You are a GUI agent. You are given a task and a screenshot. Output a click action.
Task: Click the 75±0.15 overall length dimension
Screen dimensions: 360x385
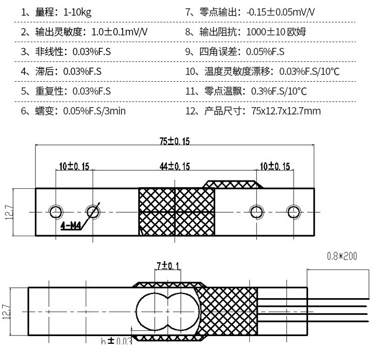pyautogui.click(x=175, y=140)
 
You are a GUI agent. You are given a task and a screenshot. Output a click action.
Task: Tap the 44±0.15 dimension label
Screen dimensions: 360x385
pyautogui.click(x=175, y=166)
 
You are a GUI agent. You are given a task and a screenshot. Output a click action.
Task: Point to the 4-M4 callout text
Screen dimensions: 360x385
pyautogui.click(x=71, y=225)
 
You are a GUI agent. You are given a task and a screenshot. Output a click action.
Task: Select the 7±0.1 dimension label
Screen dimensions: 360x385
pyautogui.click(x=168, y=266)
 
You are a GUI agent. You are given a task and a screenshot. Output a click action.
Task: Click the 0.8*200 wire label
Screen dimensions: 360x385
pyautogui.click(x=342, y=256)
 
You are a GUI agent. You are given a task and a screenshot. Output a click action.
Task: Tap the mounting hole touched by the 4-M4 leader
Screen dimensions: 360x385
pyautogui.click(x=93, y=211)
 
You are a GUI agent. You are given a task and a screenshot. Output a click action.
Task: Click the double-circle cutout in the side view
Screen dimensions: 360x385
pyautogui.click(x=167, y=311)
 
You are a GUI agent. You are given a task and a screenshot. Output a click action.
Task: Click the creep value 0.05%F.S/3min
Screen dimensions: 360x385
pyautogui.click(x=95, y=111)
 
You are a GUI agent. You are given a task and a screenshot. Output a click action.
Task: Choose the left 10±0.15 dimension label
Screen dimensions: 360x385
pyautogui.click(x=74, y=166)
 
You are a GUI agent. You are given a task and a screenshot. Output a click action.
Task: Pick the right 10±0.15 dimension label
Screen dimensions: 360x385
pyautogui.click(x=275, y=166)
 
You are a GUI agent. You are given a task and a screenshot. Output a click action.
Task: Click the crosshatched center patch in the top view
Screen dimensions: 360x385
pyautogui.click(x=177, y=212)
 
